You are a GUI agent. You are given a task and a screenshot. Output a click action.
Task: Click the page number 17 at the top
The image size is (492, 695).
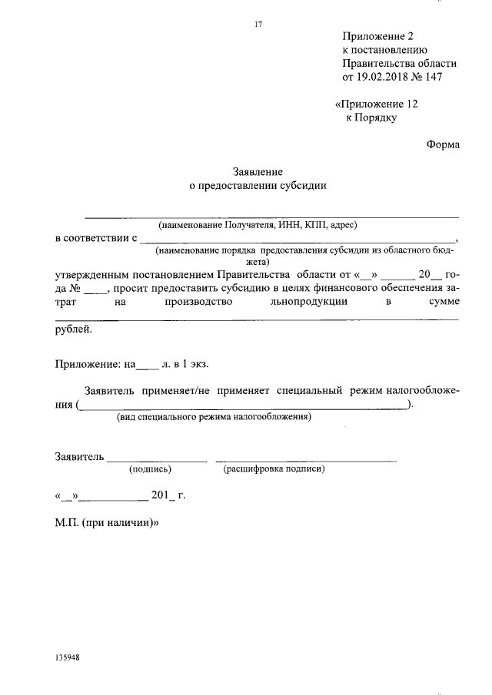258,24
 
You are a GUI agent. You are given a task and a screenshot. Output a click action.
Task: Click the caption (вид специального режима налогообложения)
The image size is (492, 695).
214,417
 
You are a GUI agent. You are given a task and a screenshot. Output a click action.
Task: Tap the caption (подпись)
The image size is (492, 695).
151,468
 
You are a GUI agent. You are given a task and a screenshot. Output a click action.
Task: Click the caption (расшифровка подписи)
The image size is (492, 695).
274,468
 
